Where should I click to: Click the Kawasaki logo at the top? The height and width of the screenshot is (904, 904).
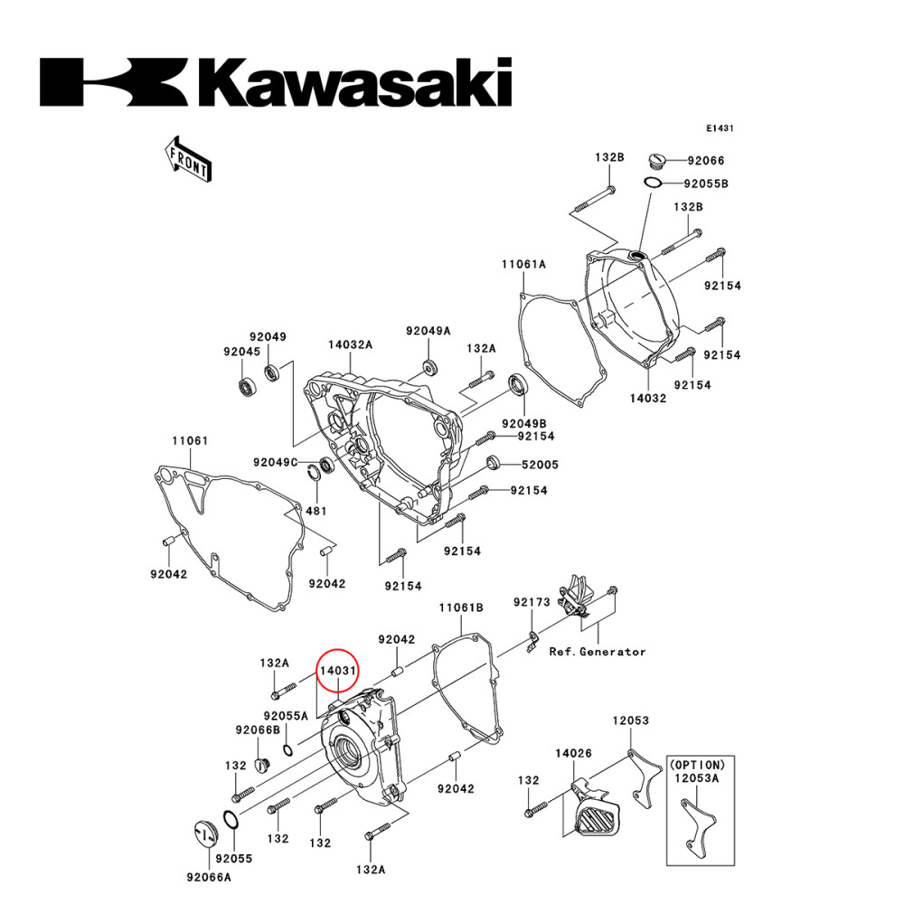(x=275, y=82)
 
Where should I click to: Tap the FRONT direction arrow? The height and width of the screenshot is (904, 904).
(x=186, y=157)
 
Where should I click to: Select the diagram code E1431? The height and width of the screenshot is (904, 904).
(x=720, y=128)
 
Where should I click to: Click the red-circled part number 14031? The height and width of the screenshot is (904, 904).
(x=337, y=672)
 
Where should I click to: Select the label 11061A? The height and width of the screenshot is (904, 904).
(x=524, y=265)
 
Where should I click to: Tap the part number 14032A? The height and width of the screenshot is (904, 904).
(x=350, y=345)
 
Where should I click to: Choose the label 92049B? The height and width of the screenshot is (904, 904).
(x=525, y=423)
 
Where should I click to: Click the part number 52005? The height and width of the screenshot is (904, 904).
(x=540, y=465)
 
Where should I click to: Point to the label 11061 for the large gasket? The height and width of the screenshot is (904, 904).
(x=190, y=441)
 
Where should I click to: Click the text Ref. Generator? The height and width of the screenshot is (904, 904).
(x=598, y=651)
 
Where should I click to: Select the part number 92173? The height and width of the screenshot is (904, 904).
(x=532, y=602)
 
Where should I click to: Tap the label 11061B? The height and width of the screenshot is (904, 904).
(x=461, y=607)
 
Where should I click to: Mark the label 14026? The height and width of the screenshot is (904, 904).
(x=573, y=752)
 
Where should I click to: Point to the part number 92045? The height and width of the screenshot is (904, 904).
(x=241, y=352)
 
